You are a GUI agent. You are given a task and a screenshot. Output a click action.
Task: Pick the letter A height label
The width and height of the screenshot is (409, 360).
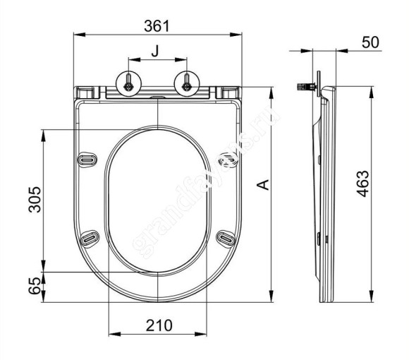click(x=262, y=186)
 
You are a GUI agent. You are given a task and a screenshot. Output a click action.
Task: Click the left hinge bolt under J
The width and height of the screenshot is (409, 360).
click(x=129, y=85)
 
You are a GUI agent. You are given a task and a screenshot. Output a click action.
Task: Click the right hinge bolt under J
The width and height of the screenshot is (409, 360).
click(x=187, y=85)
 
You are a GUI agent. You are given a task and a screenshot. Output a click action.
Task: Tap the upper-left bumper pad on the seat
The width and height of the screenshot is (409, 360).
click(x=87, y=160)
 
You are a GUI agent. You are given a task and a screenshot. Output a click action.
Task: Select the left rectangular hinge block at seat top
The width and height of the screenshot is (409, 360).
click(x=85, y=92)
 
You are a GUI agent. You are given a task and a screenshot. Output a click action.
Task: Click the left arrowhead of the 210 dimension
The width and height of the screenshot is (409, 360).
click(x=111, y=335)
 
